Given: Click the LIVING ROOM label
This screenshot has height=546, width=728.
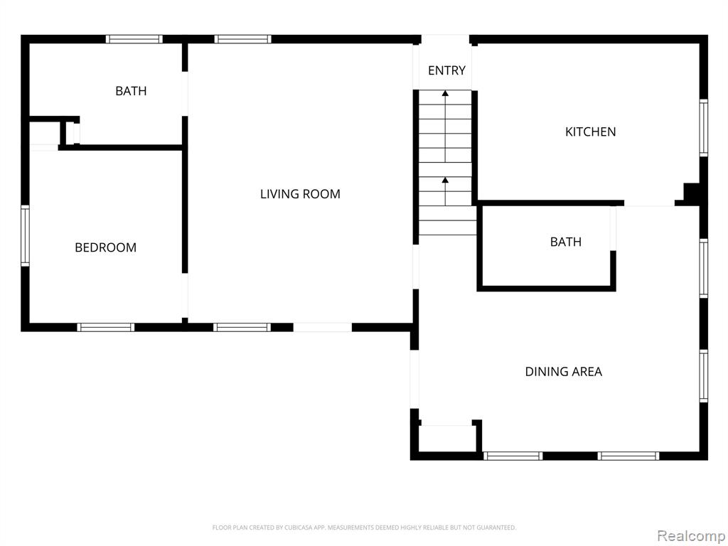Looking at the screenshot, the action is (x=300, y=193).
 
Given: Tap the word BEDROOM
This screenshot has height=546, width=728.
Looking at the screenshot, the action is (x=105, y=247).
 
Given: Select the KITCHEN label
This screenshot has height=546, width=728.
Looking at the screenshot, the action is (x=590, y=132).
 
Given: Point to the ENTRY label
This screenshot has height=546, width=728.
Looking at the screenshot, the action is (x=446, y=70).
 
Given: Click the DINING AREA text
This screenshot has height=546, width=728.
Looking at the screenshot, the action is (x=563, y=371).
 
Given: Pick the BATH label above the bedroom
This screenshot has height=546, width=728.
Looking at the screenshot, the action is (x=131, y=91).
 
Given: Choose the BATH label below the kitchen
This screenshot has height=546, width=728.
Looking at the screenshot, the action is (x=565, y=242).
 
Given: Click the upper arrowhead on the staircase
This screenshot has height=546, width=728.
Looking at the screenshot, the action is (x=445, y=93).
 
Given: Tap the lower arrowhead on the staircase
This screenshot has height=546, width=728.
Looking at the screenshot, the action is (x=445, y=180).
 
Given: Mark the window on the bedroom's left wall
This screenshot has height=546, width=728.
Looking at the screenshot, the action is (x=25, y=236).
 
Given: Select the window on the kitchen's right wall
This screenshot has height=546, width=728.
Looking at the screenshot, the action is (x=703, y=128).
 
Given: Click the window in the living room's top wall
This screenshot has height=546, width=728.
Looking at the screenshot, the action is (x=243, y=39).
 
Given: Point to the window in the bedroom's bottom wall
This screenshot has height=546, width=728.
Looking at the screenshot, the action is (x=106, y=327).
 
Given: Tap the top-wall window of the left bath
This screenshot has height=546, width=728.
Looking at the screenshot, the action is (x=134, y=39).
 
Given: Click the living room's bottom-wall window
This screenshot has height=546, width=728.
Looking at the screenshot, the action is (x=242, y=327).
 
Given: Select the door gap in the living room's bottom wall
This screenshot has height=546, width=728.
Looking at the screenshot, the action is (x=323, y=327).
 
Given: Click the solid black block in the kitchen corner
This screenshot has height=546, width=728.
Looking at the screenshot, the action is (x=691, y=194).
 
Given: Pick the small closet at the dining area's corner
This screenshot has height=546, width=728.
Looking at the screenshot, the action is (x=446, y=437).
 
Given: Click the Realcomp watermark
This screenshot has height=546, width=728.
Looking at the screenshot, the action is (x=691, y=536).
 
